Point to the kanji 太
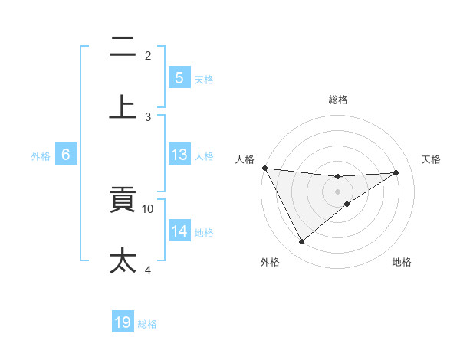(x=123, y=260)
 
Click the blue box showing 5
(x=179, y=78)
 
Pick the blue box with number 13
(x=179, y=155)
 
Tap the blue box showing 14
(x=179, y=231)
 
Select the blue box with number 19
(x=123, y=322)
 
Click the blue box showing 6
(x=66, y=155)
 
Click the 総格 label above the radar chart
(x=338, y=100)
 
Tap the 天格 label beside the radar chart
(x=432, y=159)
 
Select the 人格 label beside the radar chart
(x=246, y=159)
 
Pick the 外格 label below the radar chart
(x=270, y=263)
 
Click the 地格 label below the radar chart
(x=402, y=263)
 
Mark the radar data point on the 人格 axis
(x=264, y=168)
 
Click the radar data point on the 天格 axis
(x=396, y=172)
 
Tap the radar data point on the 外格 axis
(x=301, y=242)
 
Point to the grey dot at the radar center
(x=338, y=191)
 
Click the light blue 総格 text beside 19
(x=147, y=324)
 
